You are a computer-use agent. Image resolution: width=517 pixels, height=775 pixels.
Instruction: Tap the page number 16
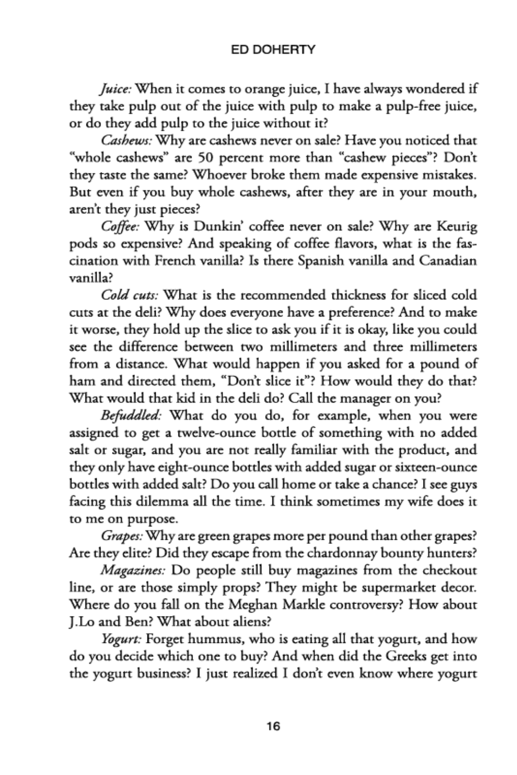pyautogui.click(x=273, y=726)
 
